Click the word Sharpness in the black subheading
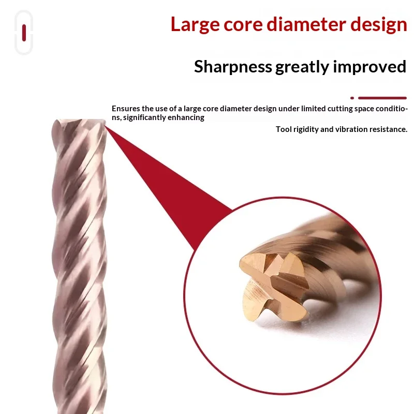pos(233,67)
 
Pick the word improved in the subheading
pos(369,67)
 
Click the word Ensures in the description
pos(126,109)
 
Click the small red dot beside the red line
pos(352,98)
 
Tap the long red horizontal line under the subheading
pos(382,98)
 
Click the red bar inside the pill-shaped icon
pos(24,33)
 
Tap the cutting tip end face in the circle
pos(273,285)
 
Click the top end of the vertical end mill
pos(79,121)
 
